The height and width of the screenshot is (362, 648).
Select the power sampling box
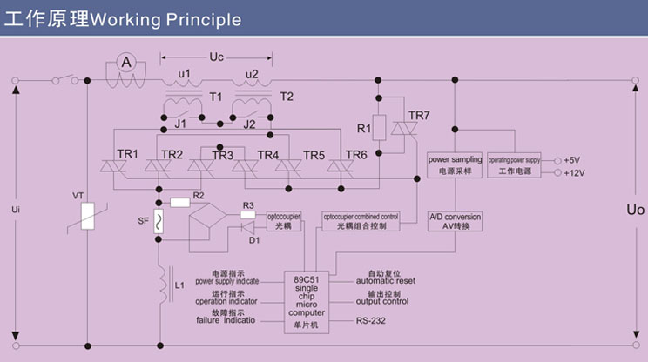(x=454, y=165)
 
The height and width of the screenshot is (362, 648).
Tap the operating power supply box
(x=514, y=165)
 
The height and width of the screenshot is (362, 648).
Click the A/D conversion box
(x=454, y=221)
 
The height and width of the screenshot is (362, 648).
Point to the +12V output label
(x=574, y=173)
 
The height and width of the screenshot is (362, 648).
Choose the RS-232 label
(x=372, y=321)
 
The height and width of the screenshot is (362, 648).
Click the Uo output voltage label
(x=635, y=210)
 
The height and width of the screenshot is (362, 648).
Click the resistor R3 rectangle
(x=247, y=213)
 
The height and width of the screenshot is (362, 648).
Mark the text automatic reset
(x=386, y=281)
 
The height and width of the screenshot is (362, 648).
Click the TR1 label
(x=127, y=154)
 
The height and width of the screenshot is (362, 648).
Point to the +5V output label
(x=571, y=160)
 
